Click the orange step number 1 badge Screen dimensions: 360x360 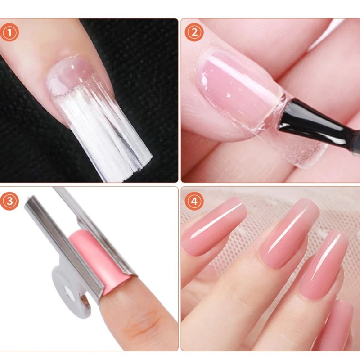coord(9,32)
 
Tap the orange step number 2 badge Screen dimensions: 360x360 coord(194,32)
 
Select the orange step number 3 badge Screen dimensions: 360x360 coord(9,201)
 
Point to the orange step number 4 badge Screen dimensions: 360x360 coord(194,201)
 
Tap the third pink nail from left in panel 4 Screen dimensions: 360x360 coord(324,264)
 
